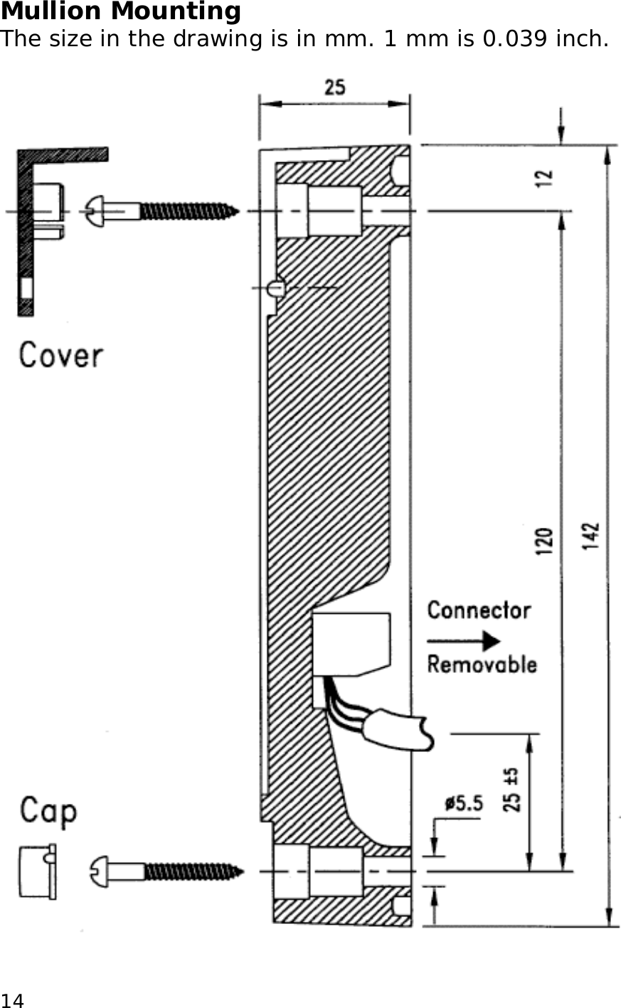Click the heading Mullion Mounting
pos(121,11)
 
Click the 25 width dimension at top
pos(334,87)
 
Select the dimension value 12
pos(544,177)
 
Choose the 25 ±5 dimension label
pos(511,790)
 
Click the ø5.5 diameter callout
pos(463,804)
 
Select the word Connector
pos(479,610)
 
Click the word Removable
pos(482,664)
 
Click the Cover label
pos(61,355)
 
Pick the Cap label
pos(48,811)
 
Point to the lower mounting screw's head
pos(100,871)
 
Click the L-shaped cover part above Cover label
pos(28,228)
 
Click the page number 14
pos(12,1000)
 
